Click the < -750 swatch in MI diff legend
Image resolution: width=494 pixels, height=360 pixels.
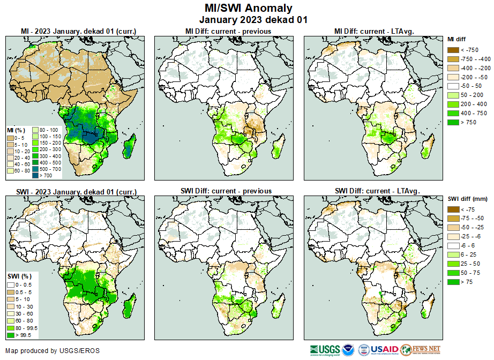pyautogui.click(x=453, y=50)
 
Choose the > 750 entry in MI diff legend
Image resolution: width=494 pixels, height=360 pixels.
pyautogui.click(x=453, y=123)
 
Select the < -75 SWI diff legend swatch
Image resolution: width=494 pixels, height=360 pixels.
pyautogui.click(x=453, y=209)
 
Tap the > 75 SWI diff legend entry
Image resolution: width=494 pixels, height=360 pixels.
pyautogui.click(x=453, y=282)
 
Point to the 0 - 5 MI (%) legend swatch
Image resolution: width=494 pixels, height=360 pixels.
pyautogui.click(x=11, y=138)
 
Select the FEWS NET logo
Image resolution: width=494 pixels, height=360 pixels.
pyautogui.click(x=420, y=349)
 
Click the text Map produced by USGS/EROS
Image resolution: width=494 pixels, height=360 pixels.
pyautogui.click(x=52, y=351)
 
